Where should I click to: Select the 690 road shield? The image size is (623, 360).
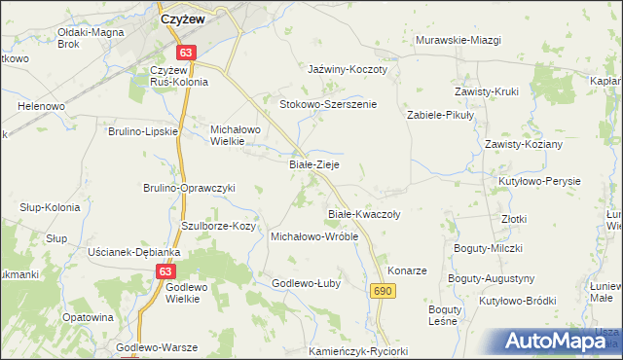[383, 291]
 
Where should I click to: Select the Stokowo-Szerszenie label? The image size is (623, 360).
[328, 103]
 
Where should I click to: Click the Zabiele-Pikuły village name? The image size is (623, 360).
[439, 115]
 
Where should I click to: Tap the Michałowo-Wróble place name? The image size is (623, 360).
[314, 236]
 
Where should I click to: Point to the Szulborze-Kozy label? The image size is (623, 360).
[218, 226]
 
